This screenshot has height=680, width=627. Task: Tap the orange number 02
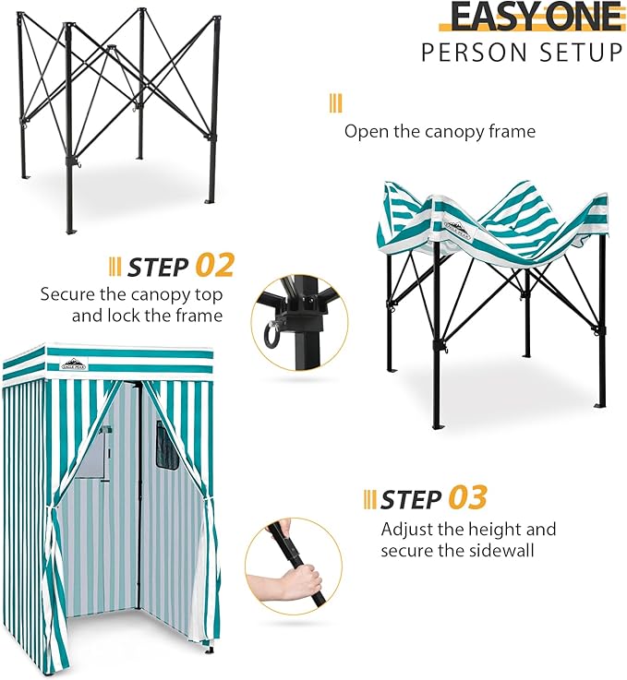(214, 267)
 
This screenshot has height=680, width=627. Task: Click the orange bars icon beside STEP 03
(369, 499)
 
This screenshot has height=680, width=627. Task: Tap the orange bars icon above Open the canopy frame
(335, 102)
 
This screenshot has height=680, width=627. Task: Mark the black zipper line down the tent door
(139, 498)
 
